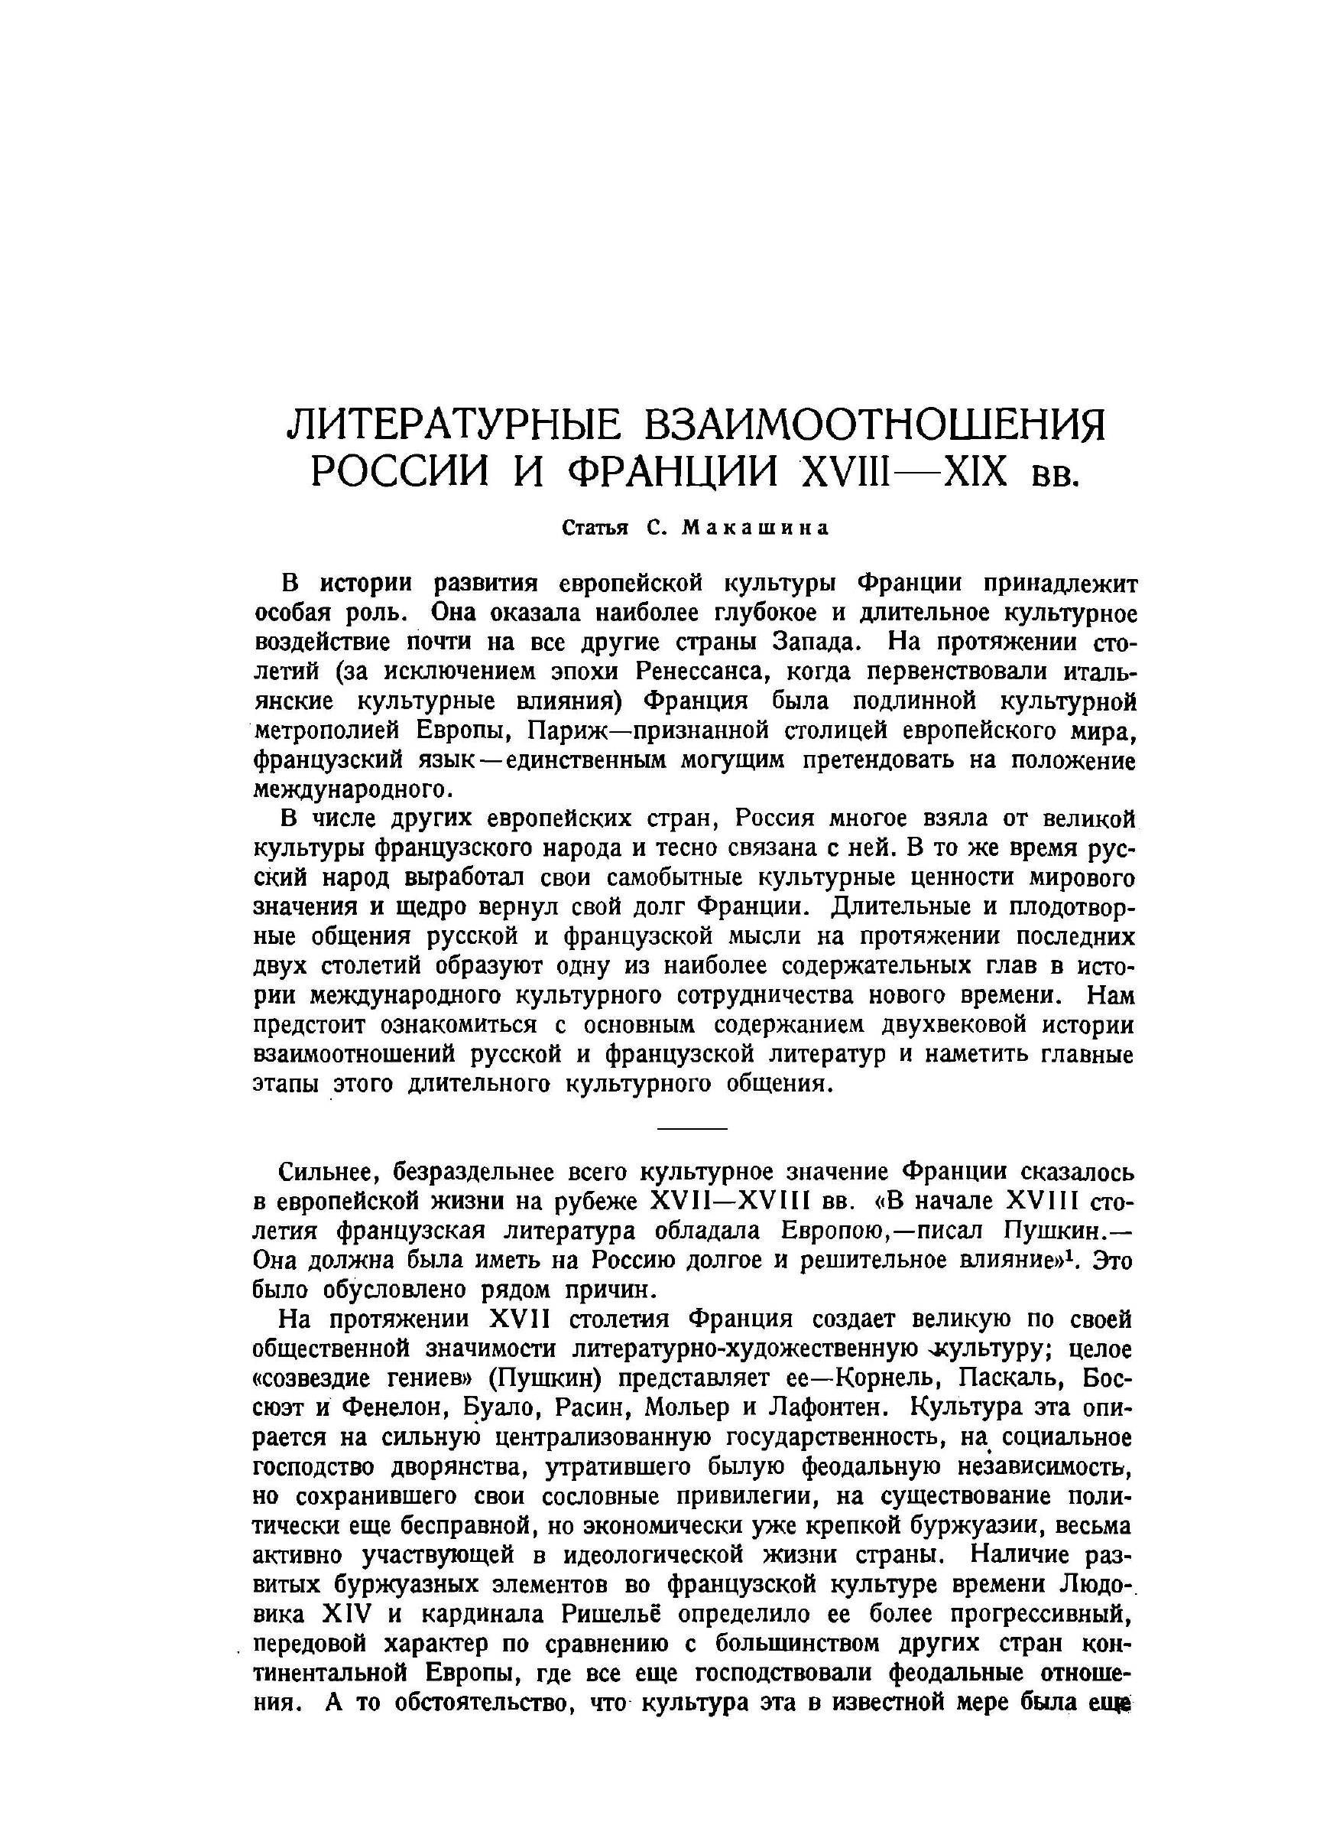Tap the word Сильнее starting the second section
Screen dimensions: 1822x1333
[x=323, y=1172]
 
